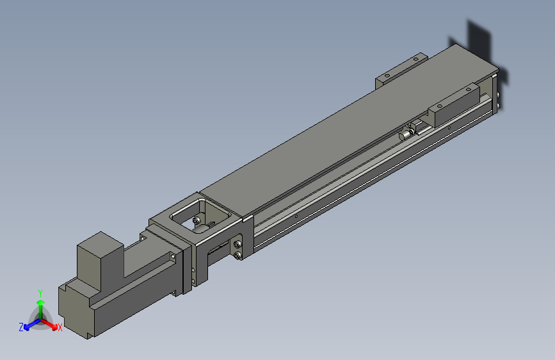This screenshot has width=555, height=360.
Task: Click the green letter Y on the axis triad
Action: pos(40,291)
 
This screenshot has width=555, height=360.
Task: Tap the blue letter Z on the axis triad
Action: pos(21,327)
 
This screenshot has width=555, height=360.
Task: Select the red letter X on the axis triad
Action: pos(60,327)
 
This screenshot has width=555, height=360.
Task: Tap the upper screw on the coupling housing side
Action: pos(238,245)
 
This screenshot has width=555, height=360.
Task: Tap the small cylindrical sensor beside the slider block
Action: pos(406,134)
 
